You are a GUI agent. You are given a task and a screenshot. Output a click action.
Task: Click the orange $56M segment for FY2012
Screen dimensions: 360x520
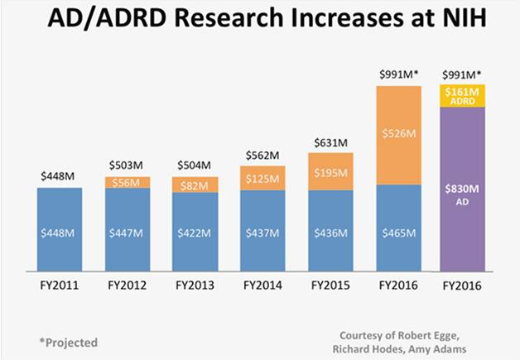pyautogui.click(x=128, y=182)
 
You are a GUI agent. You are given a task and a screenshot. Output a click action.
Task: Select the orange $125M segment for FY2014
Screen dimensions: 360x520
pyautogui.click(x=262, y=177)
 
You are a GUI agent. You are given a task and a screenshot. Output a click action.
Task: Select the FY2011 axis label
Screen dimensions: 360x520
pyautogui.click(x=60, y=286)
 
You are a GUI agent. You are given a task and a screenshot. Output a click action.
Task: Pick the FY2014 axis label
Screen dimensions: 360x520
pyautogui.click(x=262, y=286)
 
